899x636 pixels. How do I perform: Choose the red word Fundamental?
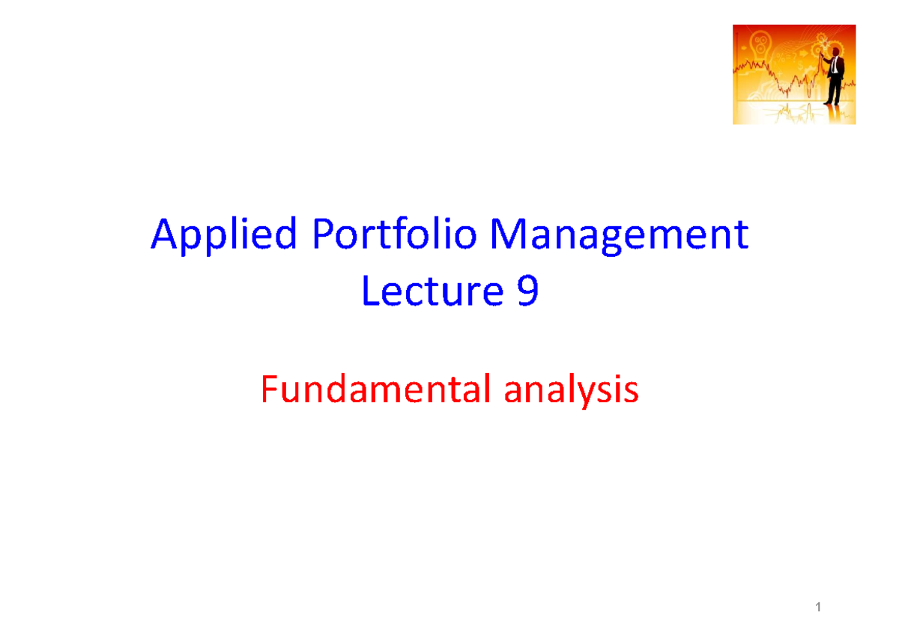click(x=366, y=390)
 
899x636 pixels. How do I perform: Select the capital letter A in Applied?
click(x=163, y=237)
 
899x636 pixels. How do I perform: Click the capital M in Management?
click(x=506, y=237)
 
